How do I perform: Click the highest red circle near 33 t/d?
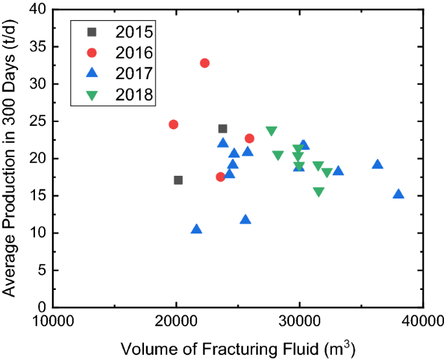(x=205, y=63)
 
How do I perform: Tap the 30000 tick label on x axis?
(x=299, y=322)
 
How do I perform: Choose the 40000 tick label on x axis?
(x=421, y=322)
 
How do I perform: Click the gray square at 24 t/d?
(x=223, y=129)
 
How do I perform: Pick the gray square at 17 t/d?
(x=178, y=180)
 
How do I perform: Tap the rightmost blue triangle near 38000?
(x=399, y=194)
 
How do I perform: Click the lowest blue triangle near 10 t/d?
(x=196, y=229)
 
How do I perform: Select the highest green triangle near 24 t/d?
(x=271, y=131)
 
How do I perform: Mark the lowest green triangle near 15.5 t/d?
(x=318, y=192)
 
